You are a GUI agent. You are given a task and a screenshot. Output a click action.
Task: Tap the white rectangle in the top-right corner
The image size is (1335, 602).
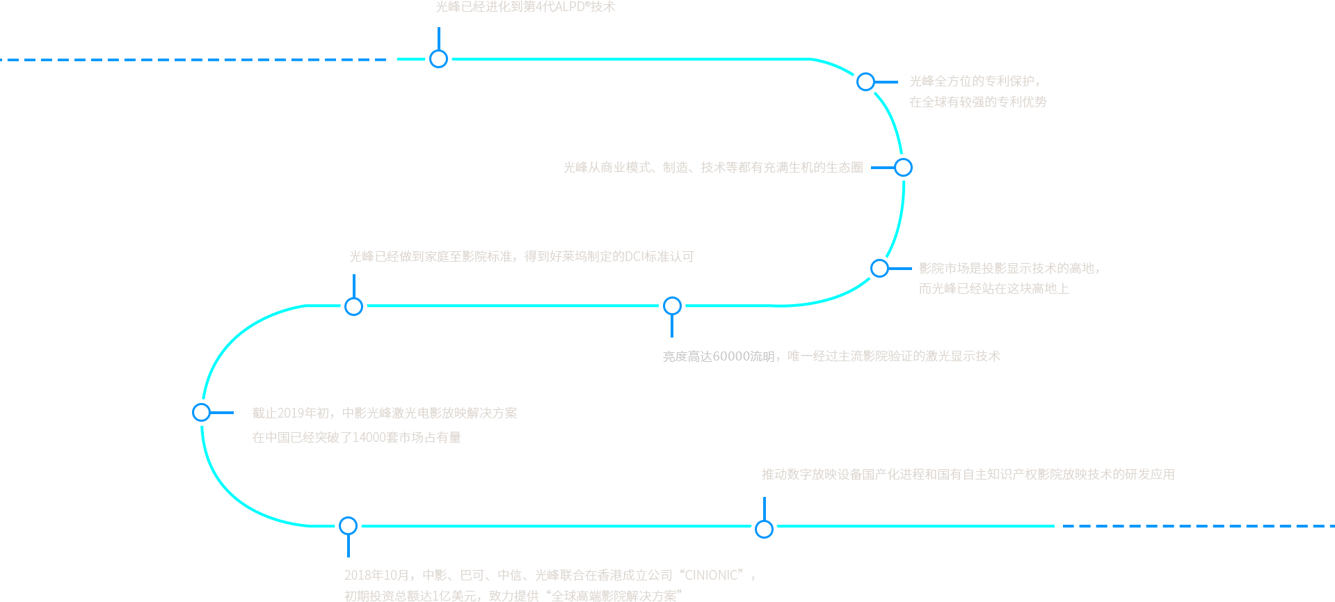coord(1306,244)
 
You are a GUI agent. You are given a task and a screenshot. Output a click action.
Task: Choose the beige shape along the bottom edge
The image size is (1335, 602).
coord(543,578)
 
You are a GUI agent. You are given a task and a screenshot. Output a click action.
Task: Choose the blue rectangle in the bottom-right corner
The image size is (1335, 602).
coord(1197,550)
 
